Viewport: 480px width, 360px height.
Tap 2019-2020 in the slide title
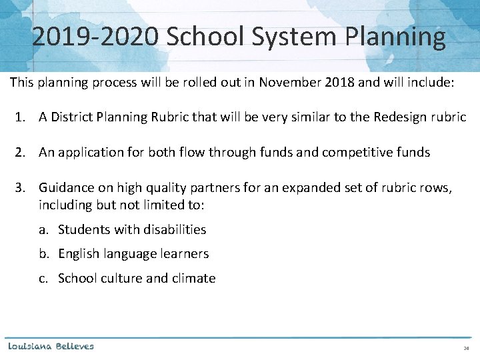pos(95,37)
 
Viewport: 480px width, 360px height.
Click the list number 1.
pos(20,117)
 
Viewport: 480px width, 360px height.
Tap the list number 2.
pos(20,153)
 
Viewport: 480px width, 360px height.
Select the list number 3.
pos(20,188)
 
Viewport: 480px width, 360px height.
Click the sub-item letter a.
pos(42,230)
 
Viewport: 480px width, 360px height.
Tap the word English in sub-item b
pos(80,254)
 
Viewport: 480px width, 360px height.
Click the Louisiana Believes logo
pos(51,346)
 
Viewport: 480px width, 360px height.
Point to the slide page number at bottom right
pos(466,349)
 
